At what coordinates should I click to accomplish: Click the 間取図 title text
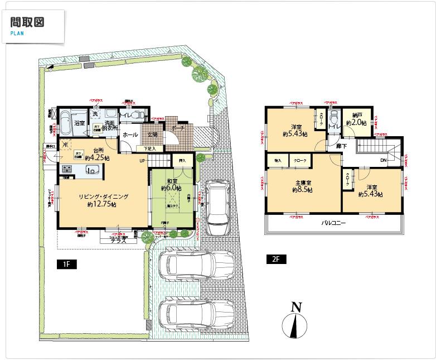pyautogui.click(x=27, y=22)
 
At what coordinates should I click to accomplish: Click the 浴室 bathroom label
pyautogui.click(x=80, y=123)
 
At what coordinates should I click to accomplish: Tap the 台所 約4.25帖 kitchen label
pyautogui.click(x=100, y=155)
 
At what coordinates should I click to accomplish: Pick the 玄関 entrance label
pyautogui.click(x=152, y=135)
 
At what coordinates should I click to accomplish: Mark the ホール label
pyautogui.click(x=130, y=135)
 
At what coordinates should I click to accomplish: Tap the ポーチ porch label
pyautogui.click(x=178, y=128)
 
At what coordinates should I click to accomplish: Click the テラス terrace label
pyautogui.click(x=117, y=241)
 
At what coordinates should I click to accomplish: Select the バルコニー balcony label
pyautogui.click(x=333, y=223)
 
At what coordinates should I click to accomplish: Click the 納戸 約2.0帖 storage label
pyautogui.click(x=355, y=119)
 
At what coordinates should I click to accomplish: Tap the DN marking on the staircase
pyautogui.click(x=384, y=160)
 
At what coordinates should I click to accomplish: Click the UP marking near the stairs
pyautogui.click(x=143, y=161)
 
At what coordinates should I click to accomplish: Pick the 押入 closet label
pyautogui.click(x=182, y=160)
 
